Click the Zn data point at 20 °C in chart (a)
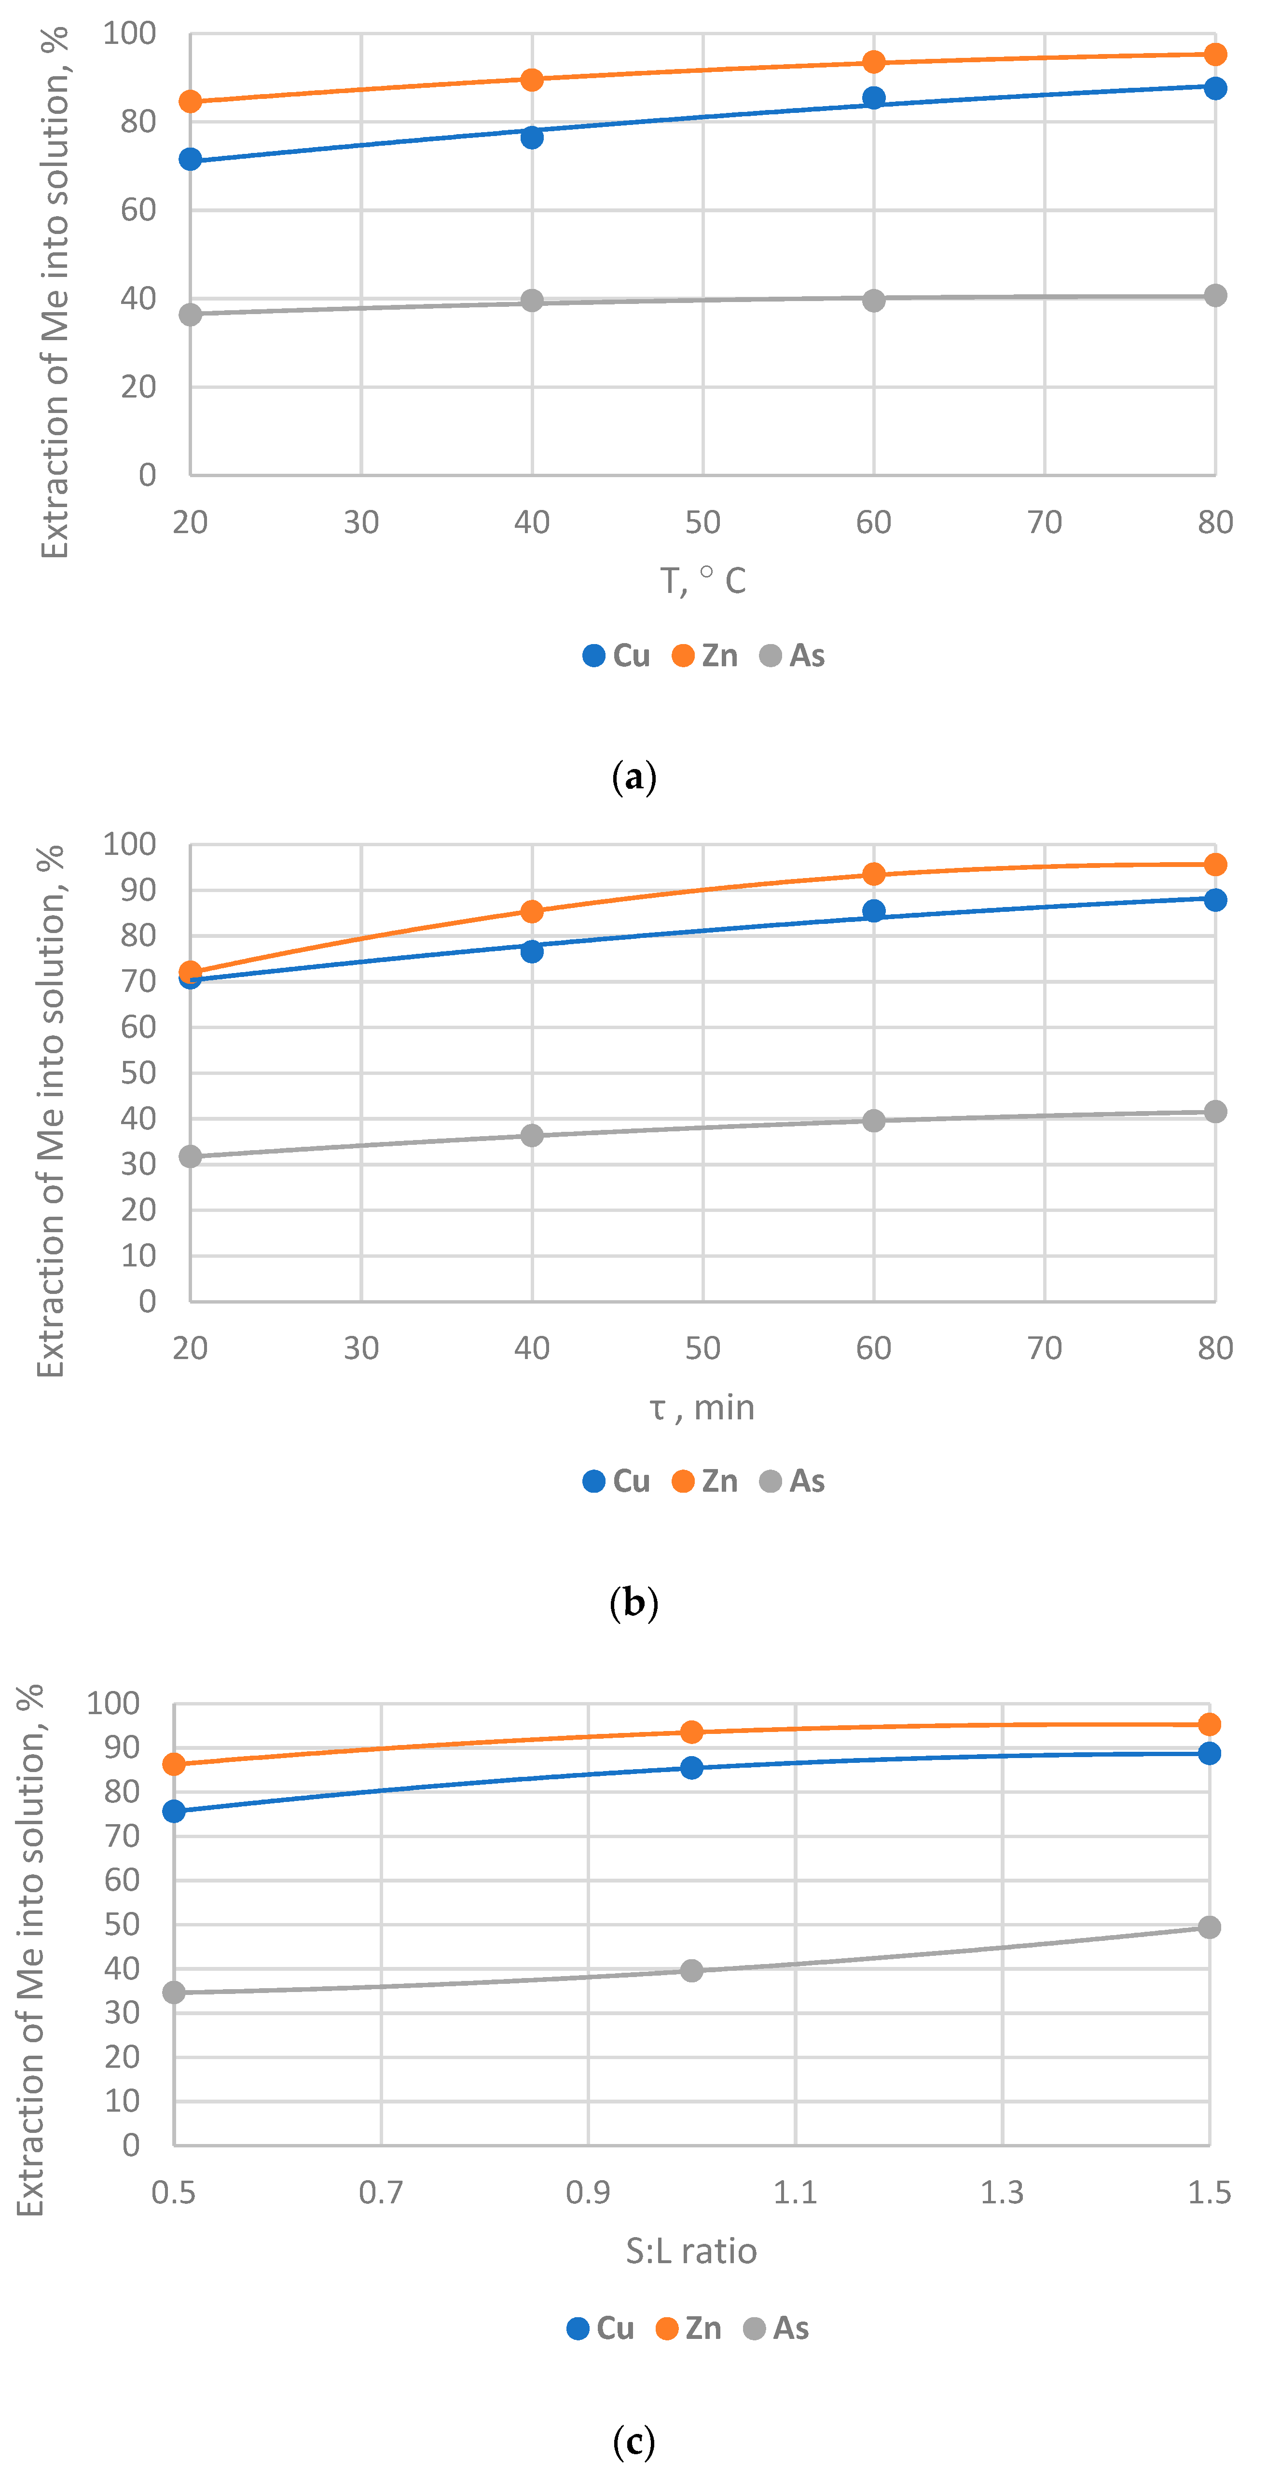(x=190, y=102)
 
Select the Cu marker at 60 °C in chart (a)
(x=873, y=98)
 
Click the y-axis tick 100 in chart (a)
(x=130, y=34)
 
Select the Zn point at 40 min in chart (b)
(x=531, y=911)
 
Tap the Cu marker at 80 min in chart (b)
(x=1214, y=900)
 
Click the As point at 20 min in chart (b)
(x=190, y=1156)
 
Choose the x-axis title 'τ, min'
(x=702, y=1408)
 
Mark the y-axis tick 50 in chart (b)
(x=138, y=1073)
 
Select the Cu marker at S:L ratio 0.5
(x=174, y=1811)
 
